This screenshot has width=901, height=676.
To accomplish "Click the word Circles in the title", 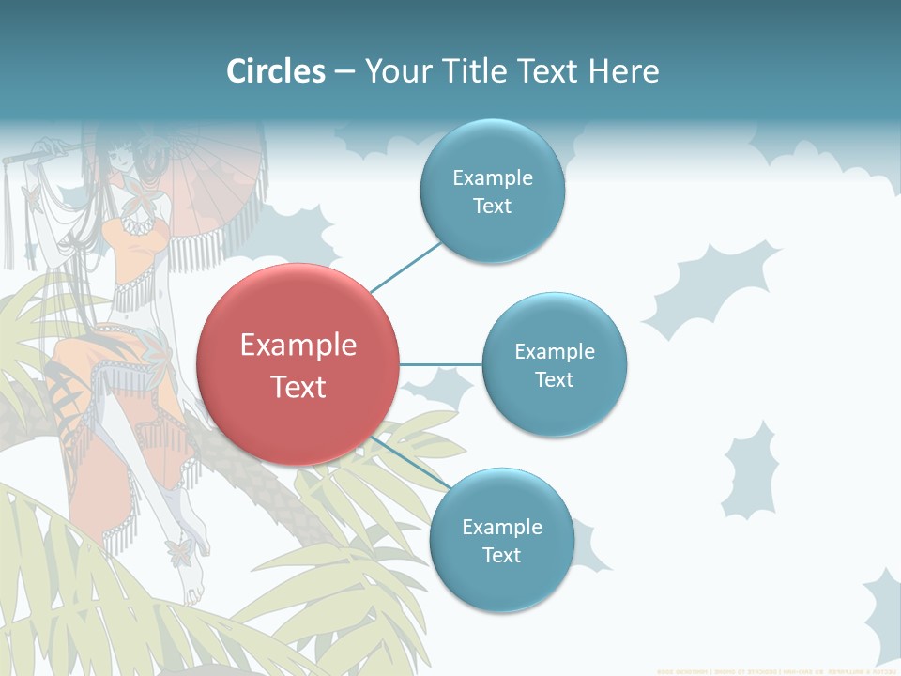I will click(x=276, y=71).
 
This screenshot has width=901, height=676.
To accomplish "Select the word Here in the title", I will click(x=623, y=71).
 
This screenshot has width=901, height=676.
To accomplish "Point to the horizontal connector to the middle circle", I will click(x=440, y=364).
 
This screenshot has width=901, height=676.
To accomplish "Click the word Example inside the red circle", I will click(x=298, y=346).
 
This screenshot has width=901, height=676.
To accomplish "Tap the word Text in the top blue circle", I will click(x=492, y=207).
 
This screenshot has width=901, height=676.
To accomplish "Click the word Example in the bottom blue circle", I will click(x=502, y=527).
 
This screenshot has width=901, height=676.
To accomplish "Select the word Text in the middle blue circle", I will click(x=555, y=380).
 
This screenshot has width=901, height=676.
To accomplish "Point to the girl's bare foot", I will click(x=192, y=587).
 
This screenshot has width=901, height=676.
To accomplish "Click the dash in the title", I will click(x=345, y=71).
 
